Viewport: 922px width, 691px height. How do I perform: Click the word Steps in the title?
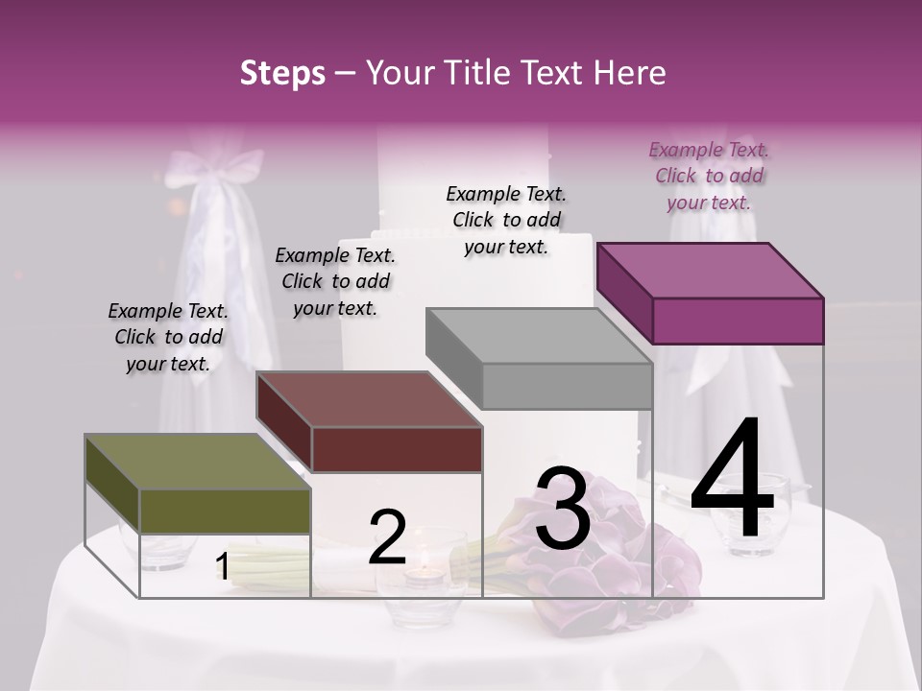point(282,73)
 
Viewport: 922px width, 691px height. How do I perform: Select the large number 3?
point(563,509)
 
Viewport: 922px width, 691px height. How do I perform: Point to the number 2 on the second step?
point(387,537)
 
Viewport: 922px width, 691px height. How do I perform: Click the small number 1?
point(222,567)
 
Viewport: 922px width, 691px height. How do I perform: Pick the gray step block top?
point(538,336)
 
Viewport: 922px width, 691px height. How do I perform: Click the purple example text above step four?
point(709,176)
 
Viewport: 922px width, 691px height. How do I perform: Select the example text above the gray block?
point(506,220)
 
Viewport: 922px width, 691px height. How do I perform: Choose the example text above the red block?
point(335,281)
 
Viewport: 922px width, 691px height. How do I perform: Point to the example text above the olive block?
point(168,337)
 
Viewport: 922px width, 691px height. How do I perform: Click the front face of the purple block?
point(738,321)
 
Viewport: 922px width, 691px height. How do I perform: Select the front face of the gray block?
point(567,387)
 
